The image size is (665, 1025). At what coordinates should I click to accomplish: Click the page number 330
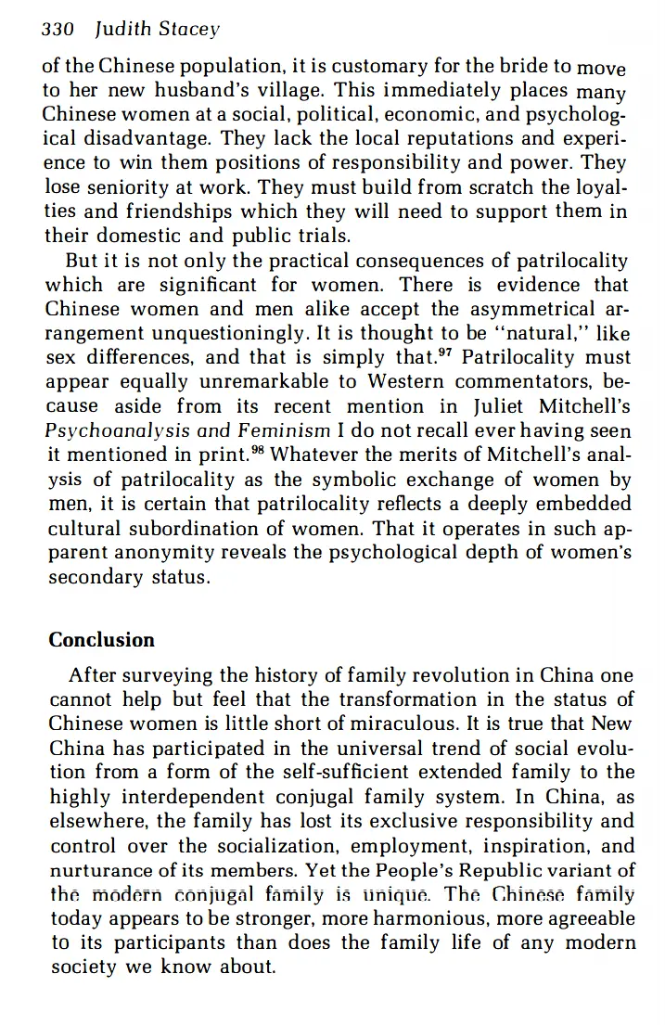pos(58,29)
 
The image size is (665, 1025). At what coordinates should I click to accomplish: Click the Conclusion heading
pos(102,640)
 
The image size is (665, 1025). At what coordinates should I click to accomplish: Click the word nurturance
pos(108,870)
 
